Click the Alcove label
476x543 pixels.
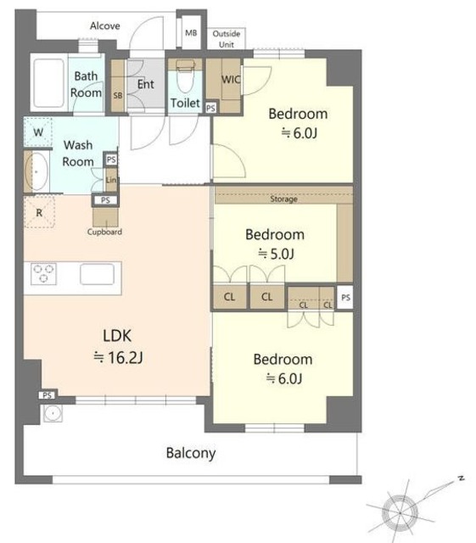click(105, 26)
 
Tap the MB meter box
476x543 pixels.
click(191, 33)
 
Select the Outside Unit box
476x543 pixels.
click(227, 38)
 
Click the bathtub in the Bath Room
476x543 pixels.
click(49, 83)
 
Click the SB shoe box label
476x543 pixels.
click(118, 95)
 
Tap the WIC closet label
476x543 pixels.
click(231, 79)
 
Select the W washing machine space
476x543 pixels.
click(38, 132)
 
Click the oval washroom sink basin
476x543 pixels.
click(36, 171)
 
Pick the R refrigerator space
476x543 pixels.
click(39, 212)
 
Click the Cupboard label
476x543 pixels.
click(104, 232)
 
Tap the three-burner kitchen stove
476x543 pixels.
click(43, 273)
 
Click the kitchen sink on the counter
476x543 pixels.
click(97, 274)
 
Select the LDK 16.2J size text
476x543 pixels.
click(118, 347)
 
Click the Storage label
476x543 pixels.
click(283, 199)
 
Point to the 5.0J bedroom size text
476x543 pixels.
click(276, 254)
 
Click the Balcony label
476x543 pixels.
click(191, 453)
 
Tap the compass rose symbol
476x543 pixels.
click(400, 512)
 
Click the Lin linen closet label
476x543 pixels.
click(111, 180)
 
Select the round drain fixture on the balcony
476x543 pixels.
click(53, 413)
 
